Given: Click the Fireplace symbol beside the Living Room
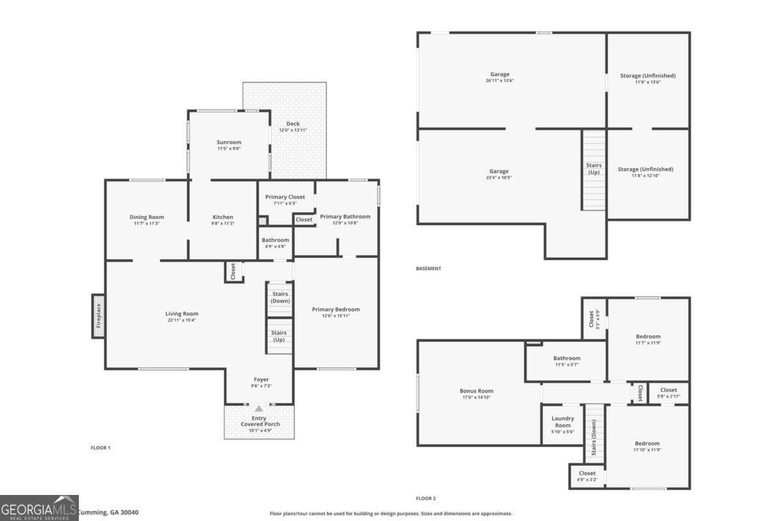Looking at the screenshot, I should tap(98, 316).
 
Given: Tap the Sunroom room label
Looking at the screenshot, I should tap(229, 142).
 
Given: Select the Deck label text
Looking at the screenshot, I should tap(293, 124).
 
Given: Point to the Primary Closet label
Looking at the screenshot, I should tap(285, 197).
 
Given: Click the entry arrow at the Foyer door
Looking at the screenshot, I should tap(259, 408).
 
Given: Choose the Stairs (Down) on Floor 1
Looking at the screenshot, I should tap(280, 298).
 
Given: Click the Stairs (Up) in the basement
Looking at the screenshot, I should tap(594, 169).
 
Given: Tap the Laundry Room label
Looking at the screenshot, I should tap(562, 422).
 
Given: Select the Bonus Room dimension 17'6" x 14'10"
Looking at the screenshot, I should tap(476, 397).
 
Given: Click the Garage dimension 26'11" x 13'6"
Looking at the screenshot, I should tap(500, 81).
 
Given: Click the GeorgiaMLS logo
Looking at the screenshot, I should tap(39, 508).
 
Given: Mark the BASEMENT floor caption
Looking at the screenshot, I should tap(428, 268).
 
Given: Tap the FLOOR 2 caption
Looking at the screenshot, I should tap(426, 498).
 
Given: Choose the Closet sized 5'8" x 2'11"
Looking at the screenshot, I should tap(668, 393).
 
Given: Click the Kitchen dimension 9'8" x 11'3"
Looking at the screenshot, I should tap(223, 223).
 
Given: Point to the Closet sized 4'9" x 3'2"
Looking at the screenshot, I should tap(586, 476).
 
